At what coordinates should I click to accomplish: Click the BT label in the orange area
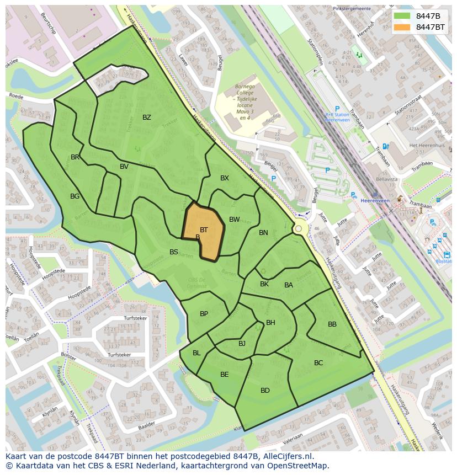pos(204,230)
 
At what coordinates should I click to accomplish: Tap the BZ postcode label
pos(147,118)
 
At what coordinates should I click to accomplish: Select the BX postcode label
pos(225,178)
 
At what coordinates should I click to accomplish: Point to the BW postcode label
pos(235,220)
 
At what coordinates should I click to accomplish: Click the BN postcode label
pos(263,233)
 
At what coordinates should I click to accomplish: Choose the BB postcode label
pos(332,324)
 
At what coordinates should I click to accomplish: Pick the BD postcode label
pos(265,391)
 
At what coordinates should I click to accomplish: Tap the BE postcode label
pos(225,375)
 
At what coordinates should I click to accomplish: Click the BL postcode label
pos(196,353)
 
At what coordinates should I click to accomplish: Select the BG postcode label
pos(75,196)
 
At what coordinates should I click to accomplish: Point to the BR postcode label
pos(76,157)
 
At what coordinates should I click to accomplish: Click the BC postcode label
pos(318,363)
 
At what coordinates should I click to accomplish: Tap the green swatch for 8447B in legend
pos(402,16)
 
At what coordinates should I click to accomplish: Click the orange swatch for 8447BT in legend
pos(402,27)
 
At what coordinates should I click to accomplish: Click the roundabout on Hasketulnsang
pos(299,228)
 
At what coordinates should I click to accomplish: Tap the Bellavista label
pos(386,179)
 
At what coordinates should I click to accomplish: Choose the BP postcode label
pos(204,314)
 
